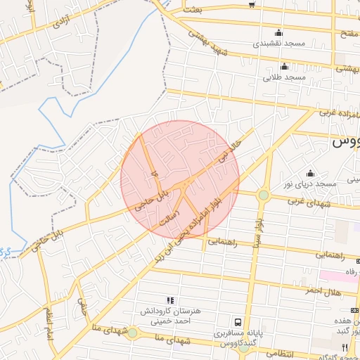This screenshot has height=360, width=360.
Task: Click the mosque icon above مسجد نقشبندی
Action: coord(279,32)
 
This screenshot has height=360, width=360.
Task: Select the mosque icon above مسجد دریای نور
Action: coord(310,173)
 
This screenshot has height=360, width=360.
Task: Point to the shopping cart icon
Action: coord(252,5)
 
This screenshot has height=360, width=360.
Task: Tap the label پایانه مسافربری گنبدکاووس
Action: coord(239,337)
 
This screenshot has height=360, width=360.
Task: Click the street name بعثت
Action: coord(192,9)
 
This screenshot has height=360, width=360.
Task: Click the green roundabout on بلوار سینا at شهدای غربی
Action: coord(263,195)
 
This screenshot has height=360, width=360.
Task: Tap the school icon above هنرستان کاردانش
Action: coord(171,300)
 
